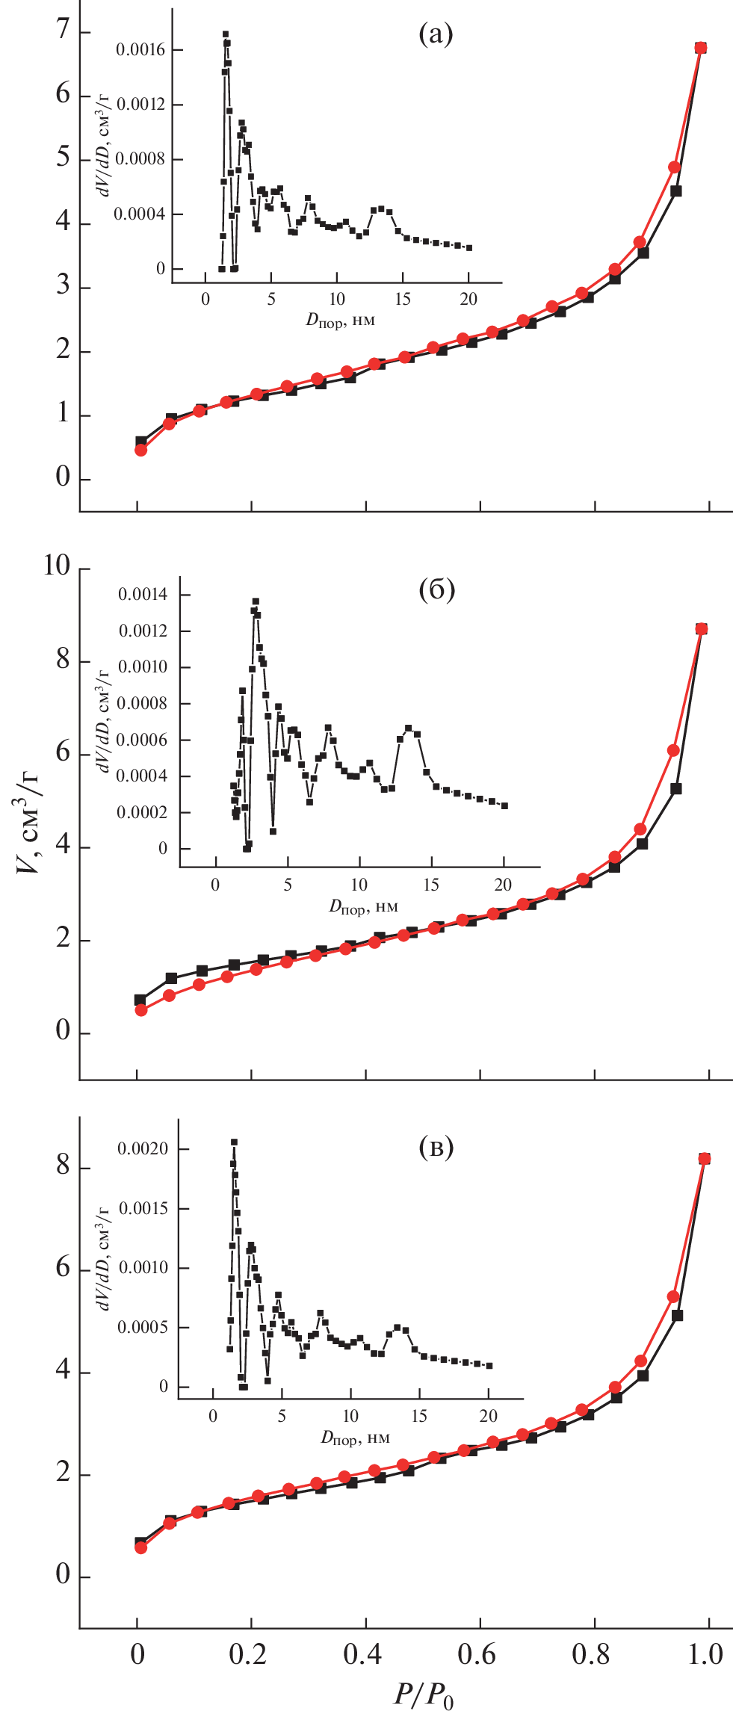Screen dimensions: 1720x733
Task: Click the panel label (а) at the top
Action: [x=436, y=34]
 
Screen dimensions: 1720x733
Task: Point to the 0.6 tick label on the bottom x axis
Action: [x=477, y=1654]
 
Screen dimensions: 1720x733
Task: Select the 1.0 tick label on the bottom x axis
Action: [x=705, y=1654]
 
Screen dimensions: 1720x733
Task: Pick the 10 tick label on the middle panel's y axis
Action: [x=57, y=566]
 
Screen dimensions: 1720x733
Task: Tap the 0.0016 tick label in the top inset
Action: [x=140, y=50]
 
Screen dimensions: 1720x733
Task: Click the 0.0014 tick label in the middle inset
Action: [x=143, y=595]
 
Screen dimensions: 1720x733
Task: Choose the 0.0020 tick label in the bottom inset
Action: [x=143, y=1149]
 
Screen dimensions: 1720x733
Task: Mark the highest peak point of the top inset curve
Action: [x=226, y=34]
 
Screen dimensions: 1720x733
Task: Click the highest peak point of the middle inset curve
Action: [x=256, y=601]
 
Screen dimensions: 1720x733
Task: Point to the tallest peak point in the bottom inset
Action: [x=234, y=1142]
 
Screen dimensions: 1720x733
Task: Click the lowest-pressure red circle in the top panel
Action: [x=140, y=450]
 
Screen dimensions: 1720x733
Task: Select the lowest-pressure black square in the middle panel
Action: [x=140, y=1000]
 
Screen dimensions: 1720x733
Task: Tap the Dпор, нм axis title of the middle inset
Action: [x=363, y=907]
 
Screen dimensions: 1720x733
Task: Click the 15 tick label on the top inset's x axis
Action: [x=403, y=300]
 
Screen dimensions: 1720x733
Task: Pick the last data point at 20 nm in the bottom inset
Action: [x=489, y=1366]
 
